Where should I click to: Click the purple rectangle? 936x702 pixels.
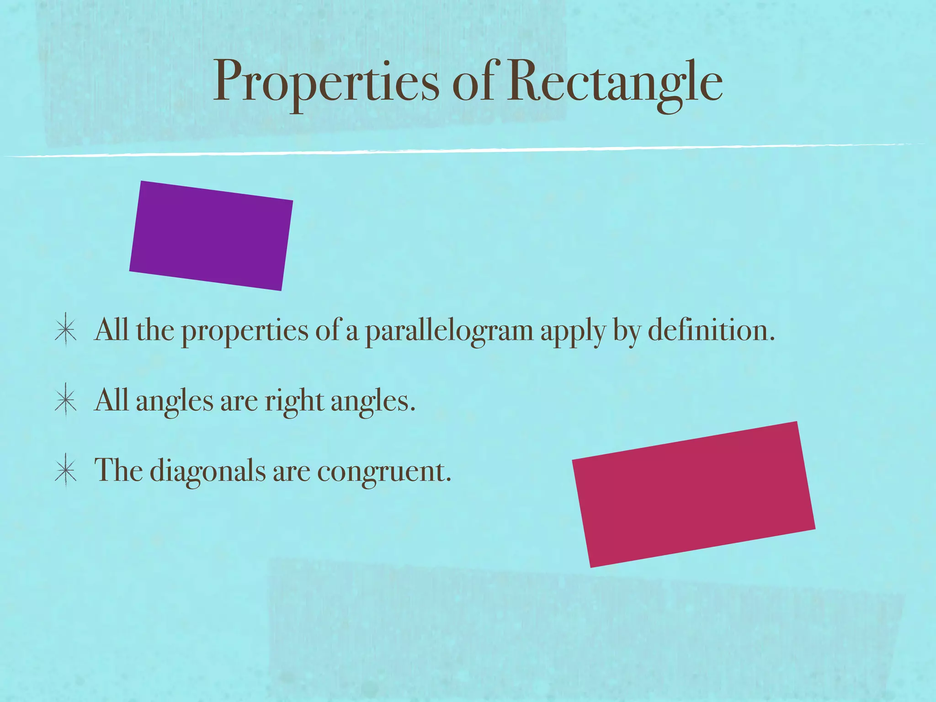tap(211, 235)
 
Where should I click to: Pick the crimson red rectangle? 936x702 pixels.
tap(693, 494)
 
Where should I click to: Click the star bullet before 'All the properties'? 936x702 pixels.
tap(65, 330)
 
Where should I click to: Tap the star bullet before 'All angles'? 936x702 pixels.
tap(65, 400)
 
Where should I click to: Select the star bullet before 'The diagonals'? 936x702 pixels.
tap(65, 471)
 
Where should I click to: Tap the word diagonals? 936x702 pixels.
tap(207, 471)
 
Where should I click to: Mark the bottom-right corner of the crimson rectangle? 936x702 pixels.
tap(814, 529)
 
